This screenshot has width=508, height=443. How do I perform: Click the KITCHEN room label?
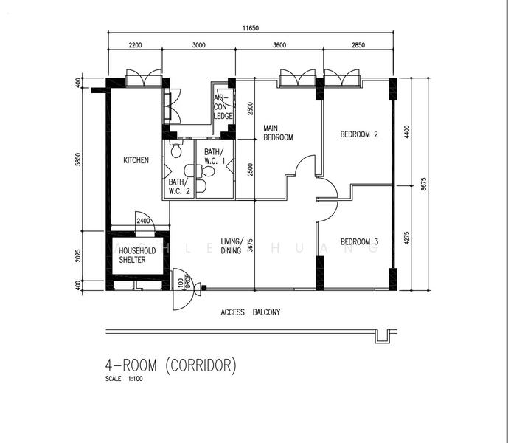(136, 160)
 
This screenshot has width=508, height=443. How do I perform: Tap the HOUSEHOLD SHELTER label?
(137, 255)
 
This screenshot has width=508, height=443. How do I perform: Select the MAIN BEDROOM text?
(278, 133)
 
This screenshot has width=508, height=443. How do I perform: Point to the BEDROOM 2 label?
(359, 134)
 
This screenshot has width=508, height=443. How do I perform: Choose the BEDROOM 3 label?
(359, 241)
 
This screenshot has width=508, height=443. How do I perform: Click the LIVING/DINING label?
(232, 246)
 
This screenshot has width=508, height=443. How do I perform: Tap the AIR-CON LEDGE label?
(223, 107)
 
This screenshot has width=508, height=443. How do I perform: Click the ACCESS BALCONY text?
(251, 312)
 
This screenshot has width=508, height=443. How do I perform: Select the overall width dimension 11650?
(251, 28)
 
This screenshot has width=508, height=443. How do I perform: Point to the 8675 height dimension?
(424, 184)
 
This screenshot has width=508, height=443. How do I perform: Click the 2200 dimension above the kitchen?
(135, 45)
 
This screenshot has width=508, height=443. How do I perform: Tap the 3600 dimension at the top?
(279, 45)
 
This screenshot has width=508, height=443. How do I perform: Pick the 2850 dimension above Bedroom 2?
(358, 45)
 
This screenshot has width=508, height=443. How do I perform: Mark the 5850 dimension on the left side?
(78, 159)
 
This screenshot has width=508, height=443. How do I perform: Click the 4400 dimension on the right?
(407, 131)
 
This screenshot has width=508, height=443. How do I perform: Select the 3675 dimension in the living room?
(250, 246)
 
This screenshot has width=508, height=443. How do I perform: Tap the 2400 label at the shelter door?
(143, 221)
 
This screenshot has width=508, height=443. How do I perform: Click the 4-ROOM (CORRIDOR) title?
(171, 365)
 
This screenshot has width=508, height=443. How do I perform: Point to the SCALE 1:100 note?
(124, 379)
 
